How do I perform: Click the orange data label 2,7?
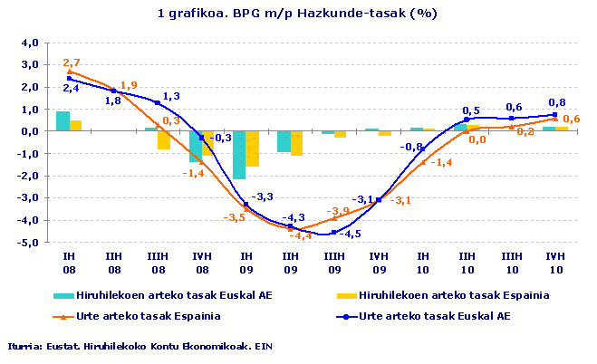[72, 62]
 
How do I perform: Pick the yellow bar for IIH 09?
[296, 143]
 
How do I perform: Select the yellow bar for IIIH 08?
[164, 140]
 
